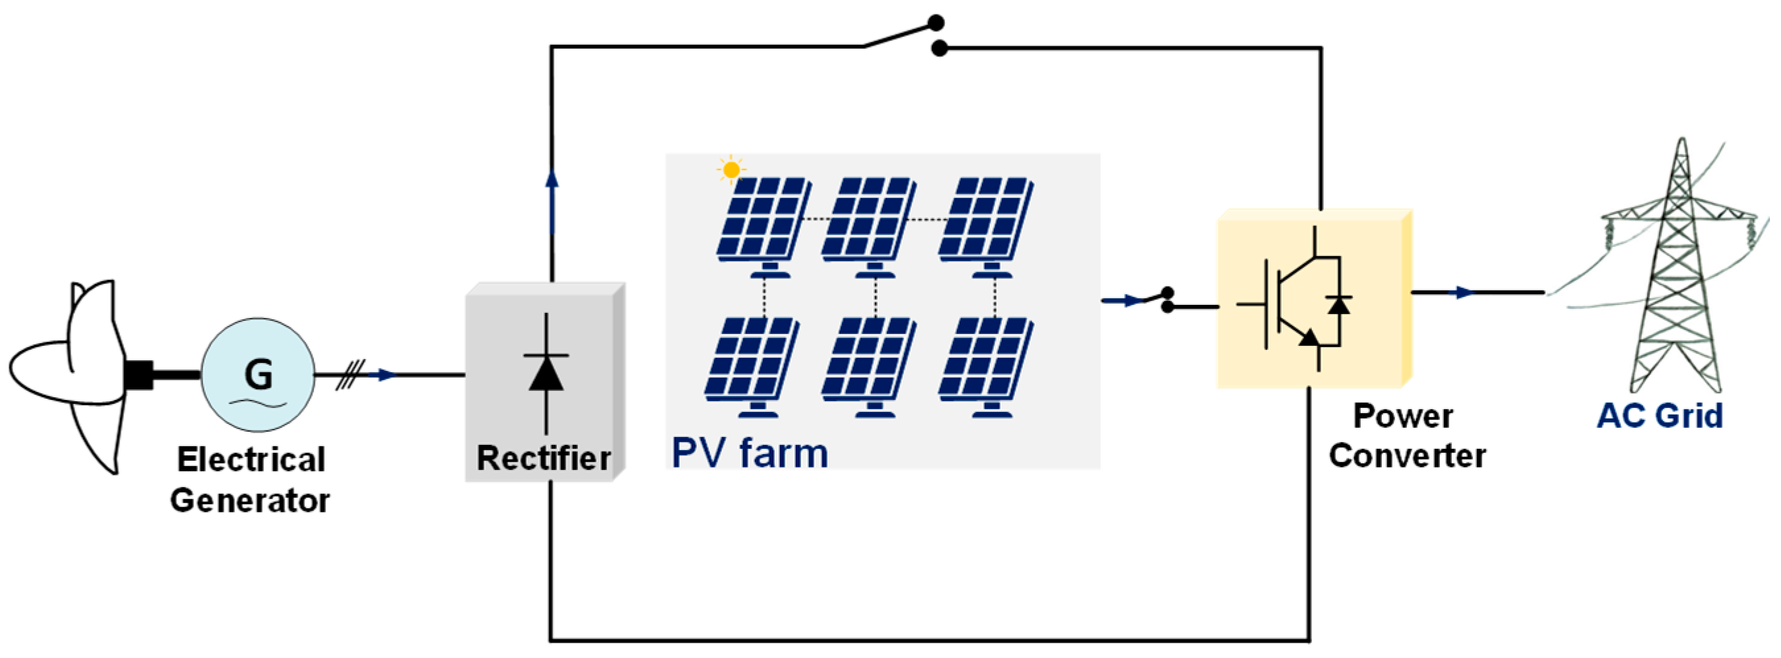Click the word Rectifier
tap(544, 458)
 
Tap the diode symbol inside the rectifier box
tap(546, 374)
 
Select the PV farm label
tap(750, 453)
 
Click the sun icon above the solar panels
tap(730, 170)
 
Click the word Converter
tap(1407, 456)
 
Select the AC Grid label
tap(1660, 416)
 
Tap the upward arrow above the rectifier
tap(552, 181)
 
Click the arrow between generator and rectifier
tap(385, 375)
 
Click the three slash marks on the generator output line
tap(350, 375)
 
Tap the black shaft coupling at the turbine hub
tap(139, 375)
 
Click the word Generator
tap(250, 500)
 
